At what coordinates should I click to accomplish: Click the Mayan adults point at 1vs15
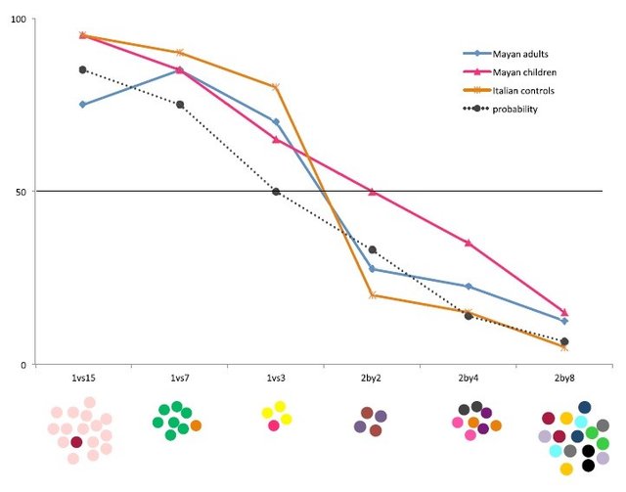[82, 105]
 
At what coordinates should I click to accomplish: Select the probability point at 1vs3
[276, 192]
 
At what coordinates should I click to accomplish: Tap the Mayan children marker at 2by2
[373, 192]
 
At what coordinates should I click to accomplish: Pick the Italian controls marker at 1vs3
[276, 87]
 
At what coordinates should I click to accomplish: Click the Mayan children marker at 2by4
[469, 243]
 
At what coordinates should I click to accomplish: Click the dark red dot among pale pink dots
[76, 443]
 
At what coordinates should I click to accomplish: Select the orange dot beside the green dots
[196, 425]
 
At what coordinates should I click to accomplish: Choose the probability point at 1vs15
[82, 69]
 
